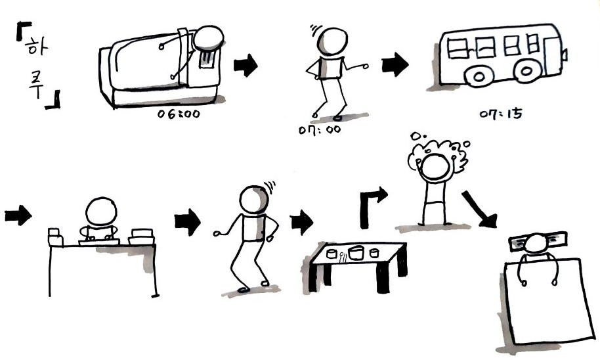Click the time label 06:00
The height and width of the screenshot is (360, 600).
click(179, 114)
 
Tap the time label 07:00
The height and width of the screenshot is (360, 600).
click(320, 129)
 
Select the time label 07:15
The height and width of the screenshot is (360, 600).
click(500, 114)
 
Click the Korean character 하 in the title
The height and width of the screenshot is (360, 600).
click(35, 47)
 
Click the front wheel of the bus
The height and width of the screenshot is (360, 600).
click(526, 70)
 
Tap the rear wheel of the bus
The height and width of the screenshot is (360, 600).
click(479, 77)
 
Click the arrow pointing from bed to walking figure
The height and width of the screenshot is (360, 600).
click(246, 65)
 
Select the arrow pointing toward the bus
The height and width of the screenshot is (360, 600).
click(395, 64)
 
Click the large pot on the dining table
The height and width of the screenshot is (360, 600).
click(356, 253)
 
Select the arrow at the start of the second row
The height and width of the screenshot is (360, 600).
click(18, 215)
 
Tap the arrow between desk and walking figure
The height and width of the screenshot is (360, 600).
click(188, 222)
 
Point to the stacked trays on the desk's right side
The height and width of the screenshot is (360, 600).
click(142, 236)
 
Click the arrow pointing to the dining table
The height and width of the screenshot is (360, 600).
click(301, 222)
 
